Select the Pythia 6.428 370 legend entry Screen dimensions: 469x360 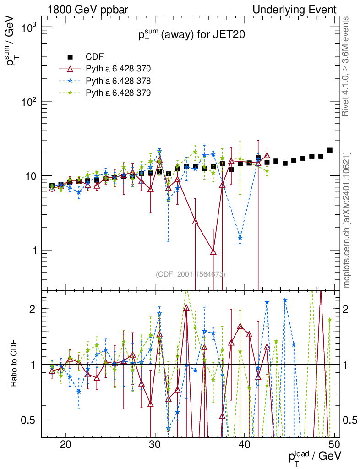tap(118, 69)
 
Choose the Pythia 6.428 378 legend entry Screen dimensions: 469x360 tap(118, 81)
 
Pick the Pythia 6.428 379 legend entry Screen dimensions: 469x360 tap(118, 93)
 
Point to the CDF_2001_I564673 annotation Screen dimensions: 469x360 tap(191, 274)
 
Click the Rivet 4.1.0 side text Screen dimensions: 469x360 tap(347, 66)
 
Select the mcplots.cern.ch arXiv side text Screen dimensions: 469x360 tap(347, 220)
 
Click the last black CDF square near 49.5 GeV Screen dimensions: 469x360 tap(330, 150)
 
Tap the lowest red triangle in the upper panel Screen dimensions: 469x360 tap(213, 251)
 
